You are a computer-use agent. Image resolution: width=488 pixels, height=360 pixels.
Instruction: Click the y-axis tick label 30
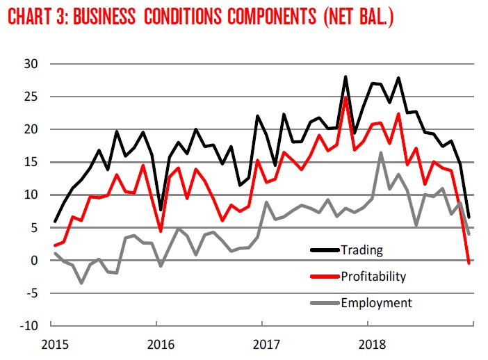pyautogui.click(x=30, y=64)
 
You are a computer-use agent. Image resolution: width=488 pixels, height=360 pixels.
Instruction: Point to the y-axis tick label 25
pyautogui.click(x=30, y=97)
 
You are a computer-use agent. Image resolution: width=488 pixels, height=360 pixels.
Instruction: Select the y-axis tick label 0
pyautogui.click(x=33, y=261)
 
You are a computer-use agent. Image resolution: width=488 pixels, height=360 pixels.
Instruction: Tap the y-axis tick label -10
pyautogui.click(x=28, y=326)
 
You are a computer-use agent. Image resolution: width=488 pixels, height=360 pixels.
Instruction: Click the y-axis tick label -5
pyautogui.click(x=31, y=293)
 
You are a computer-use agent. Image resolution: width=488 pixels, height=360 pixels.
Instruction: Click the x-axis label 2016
pyautogui.click(x=160, y=344)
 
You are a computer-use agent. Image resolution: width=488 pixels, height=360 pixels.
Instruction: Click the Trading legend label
pyautogui.click(x=361, y=249)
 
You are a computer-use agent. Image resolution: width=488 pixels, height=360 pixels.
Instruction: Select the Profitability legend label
pyautogui.click(x=373, y=276)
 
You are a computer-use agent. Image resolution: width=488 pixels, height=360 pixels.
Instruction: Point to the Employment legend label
pyautogui.click(x=376, y=302)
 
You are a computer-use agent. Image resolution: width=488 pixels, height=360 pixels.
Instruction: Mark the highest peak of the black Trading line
pyautogui.click(x=345, y=76)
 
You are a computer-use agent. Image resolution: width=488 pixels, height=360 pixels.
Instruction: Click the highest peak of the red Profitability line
pyautogui.click(x=345, y=97)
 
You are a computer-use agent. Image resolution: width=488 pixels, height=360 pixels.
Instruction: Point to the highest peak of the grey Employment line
pyautogui.click(x=381, y=152)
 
